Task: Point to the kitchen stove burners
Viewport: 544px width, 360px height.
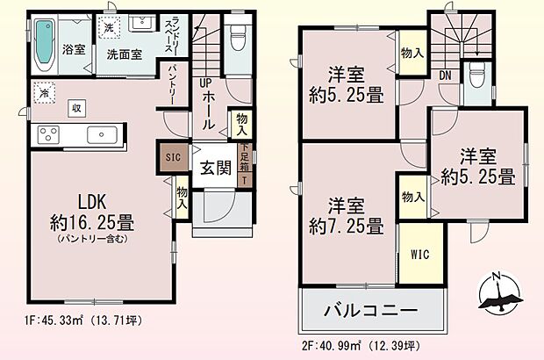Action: (48, 135)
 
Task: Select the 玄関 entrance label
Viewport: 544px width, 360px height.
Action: (214, 167)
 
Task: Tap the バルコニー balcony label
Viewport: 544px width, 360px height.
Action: (371, 310)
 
